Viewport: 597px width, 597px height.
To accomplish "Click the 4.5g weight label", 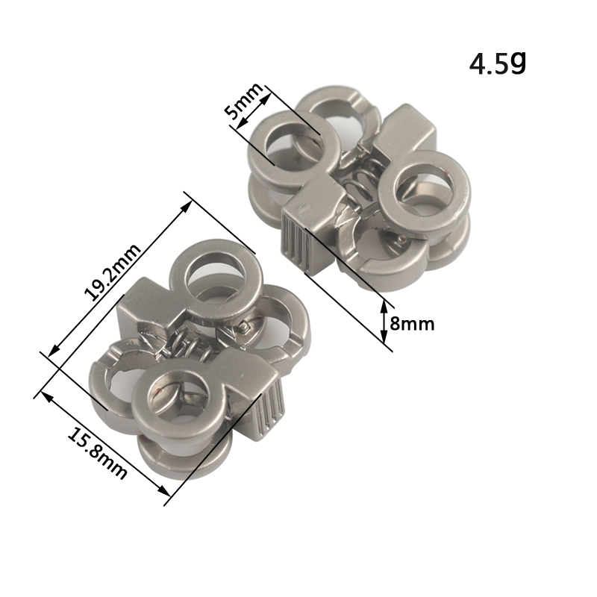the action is coord(497,63).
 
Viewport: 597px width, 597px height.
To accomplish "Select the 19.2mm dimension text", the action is coord(113,272).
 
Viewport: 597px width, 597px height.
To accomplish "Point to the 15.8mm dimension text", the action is coord(97,453).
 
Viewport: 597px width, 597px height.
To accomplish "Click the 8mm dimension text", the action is coord(412,325).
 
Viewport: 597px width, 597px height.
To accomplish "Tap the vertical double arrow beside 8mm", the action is coord(384,322).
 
